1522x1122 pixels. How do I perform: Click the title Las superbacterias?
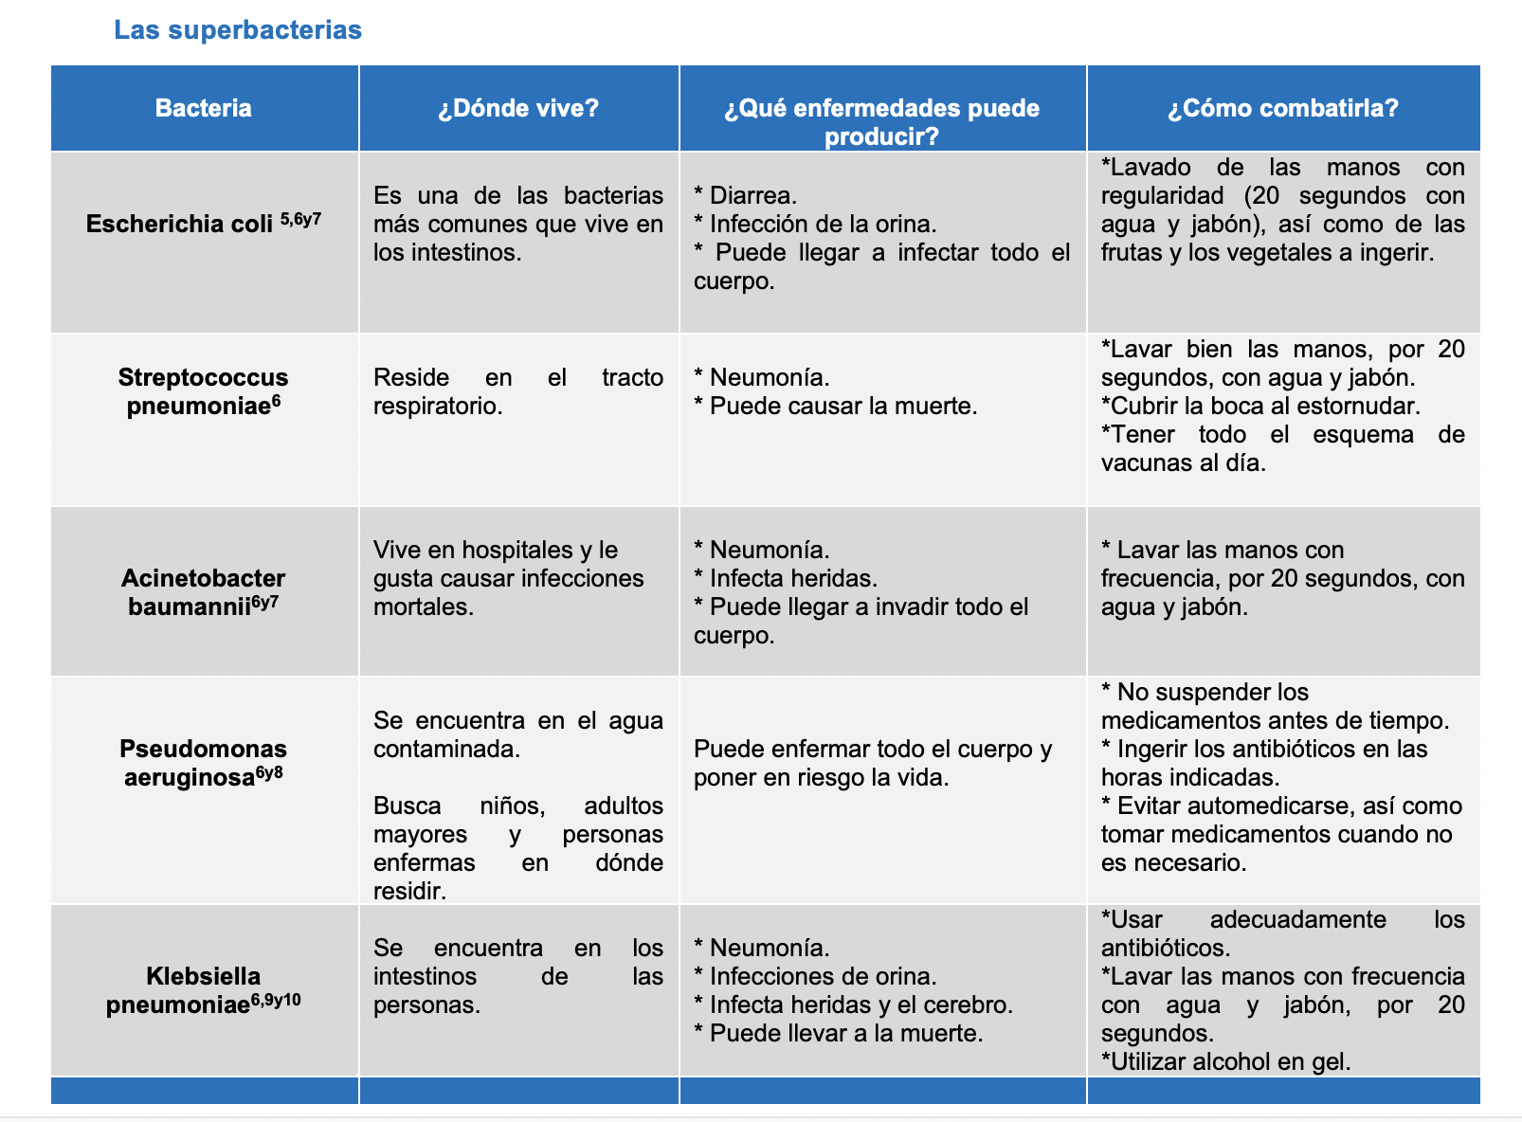237,30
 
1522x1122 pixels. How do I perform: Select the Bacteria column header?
203,108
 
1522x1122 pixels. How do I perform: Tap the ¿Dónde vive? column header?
518,108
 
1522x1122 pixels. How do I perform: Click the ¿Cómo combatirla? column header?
1282,108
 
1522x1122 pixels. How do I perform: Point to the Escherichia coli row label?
180,225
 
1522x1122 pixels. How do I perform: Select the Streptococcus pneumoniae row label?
203,391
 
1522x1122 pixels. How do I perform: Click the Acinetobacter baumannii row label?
203,592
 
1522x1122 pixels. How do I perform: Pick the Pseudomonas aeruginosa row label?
203,763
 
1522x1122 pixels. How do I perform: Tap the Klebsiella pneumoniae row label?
203,990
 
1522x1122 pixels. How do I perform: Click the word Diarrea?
752,196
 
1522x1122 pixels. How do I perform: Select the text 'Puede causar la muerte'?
843,407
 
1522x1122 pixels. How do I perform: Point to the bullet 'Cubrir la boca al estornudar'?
1260,407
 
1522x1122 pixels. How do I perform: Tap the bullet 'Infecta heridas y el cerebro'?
861,1005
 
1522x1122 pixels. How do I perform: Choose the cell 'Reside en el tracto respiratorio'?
517,391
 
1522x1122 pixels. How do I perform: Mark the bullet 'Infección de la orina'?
823,225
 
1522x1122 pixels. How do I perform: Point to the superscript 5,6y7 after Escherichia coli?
300,220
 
